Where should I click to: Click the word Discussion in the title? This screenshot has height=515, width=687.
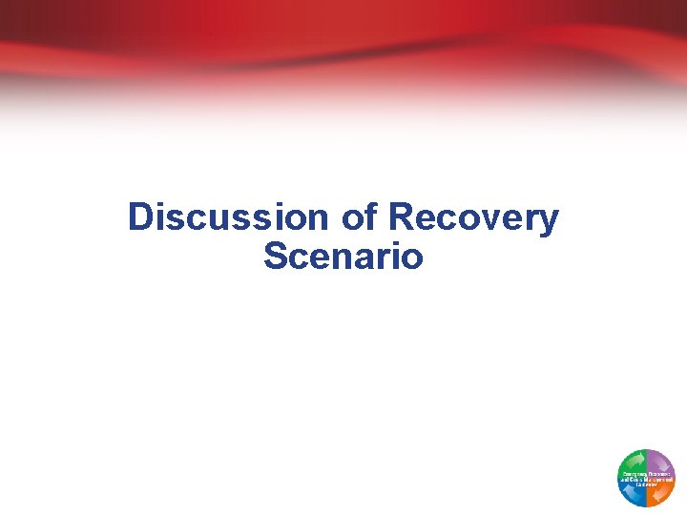point(228,217)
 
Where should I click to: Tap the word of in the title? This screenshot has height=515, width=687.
point(360,217)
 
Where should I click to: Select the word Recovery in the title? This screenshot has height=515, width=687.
point(473,217)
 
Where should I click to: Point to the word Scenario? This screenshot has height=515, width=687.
point(343,256)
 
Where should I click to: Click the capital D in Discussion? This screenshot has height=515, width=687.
point(140,217)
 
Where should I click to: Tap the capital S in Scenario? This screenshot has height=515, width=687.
point(275,256)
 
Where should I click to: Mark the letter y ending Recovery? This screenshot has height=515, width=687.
point(549,221)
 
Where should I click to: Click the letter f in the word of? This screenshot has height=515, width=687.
point(371,216)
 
